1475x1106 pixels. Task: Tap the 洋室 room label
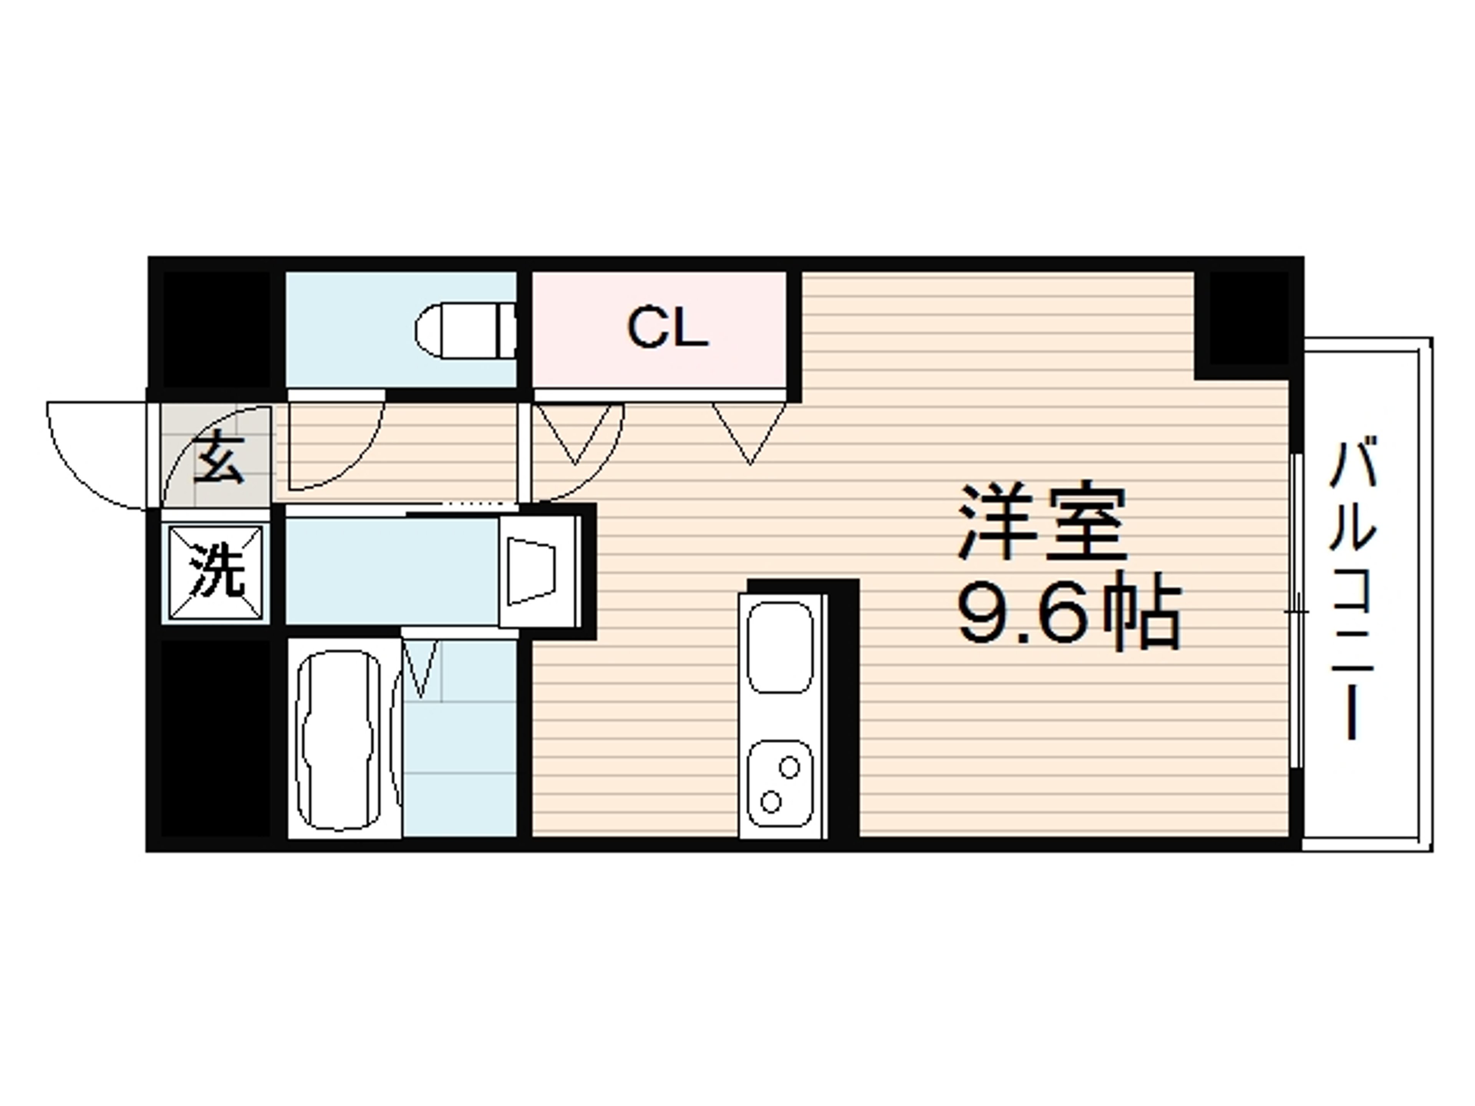pos(1042,523)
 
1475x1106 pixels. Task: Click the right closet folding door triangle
pos(749,430)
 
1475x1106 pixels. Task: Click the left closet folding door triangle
pos(575,430)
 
